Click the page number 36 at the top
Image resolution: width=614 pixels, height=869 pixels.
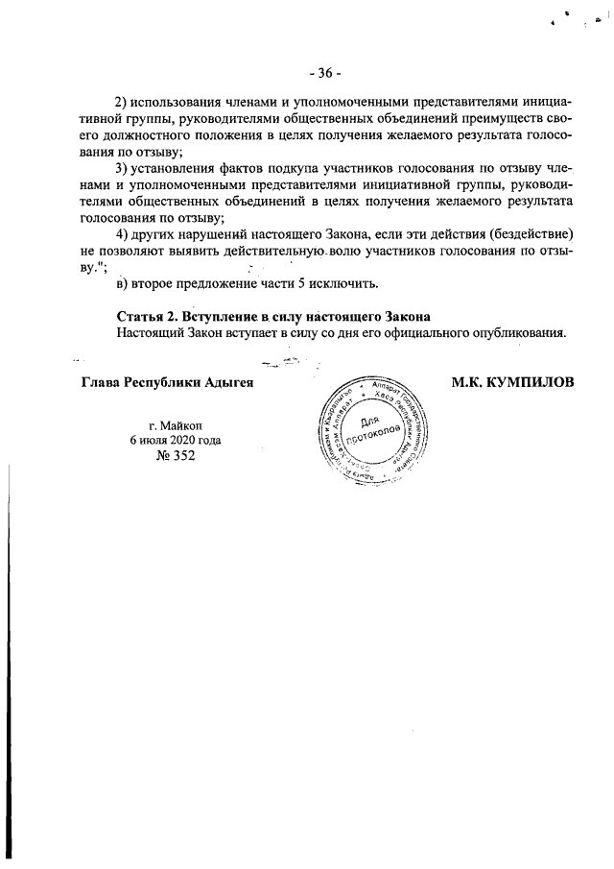click(x=325, y=73)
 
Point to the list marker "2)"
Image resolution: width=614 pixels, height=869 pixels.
click(x=122, y=102)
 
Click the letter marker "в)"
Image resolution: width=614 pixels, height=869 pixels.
click(x=122, y=284)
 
